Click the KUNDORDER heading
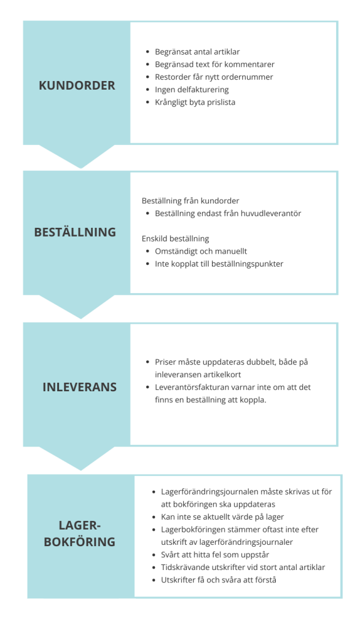click(77, 85)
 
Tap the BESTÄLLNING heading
click(75, 232)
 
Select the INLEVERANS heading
click(79, 387)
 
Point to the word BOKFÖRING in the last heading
click(79, 542)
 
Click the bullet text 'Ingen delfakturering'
click(192, 90)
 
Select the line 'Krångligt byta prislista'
click(195, 103)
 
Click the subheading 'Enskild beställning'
click(175, 239)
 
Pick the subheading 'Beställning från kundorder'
click(190, 201)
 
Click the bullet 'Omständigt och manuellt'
click(201, 251)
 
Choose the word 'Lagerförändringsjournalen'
click(209, 492)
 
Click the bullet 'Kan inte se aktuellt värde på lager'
click(222, 517)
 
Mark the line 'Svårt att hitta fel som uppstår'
click(215, 555)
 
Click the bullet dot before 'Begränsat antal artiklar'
click(147, 52)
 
